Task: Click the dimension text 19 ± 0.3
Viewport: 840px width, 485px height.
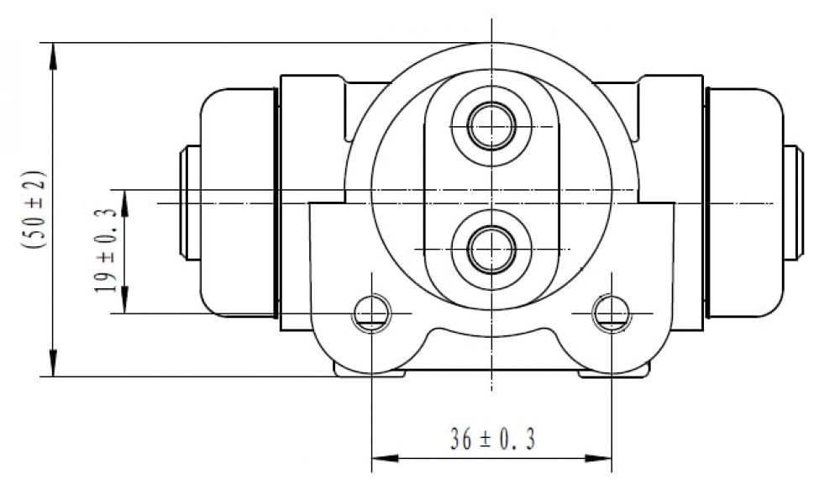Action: coord(105,250)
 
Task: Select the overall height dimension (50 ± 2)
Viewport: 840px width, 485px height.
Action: coord(34,209)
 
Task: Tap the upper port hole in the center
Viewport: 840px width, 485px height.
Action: coord(491,126)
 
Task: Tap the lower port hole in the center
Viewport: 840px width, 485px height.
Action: coord(491,250)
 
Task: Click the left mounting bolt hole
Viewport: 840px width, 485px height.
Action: coord(372,314)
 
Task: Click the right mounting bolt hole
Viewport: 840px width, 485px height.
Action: coord(612,314)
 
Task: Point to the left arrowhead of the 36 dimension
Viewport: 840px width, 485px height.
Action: coord(385,459)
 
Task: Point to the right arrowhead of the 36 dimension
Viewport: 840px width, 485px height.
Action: coord(598,459)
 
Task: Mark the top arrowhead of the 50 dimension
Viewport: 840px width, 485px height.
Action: coord(52,56)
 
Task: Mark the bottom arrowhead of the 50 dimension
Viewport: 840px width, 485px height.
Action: coord(52,363)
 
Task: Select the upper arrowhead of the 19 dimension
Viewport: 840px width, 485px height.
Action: coord(125,203)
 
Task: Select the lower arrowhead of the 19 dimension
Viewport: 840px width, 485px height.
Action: coord(125,299)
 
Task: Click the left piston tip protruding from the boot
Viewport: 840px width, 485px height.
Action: coord(190,203)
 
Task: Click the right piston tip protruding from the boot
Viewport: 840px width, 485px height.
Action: coord(794,203)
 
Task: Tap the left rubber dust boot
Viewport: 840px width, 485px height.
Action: coord(239,203)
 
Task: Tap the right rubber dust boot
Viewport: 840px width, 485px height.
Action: coord(744,203)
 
